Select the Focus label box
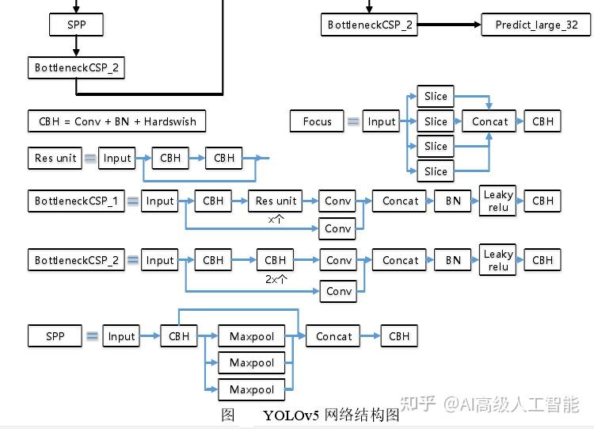pos(318,121)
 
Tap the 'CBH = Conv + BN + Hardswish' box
pos(117,121)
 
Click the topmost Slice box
pos(436,96)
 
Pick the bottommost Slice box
pos(436,171)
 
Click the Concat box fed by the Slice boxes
pos(490,121)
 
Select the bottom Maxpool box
pos(252,389)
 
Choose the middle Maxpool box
pos(252,362)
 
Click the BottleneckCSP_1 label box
pos(76,201)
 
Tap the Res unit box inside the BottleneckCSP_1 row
pos(276,201)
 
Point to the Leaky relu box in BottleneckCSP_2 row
pos(498,260)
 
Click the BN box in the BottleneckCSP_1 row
pos(453,201)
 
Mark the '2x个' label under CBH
pos(276,279)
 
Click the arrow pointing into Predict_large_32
pos(448,25)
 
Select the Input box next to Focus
pos(382,121)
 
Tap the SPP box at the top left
pos(76,25)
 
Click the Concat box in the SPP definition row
pos(334,336)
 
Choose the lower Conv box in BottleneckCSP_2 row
pos(339,291)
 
